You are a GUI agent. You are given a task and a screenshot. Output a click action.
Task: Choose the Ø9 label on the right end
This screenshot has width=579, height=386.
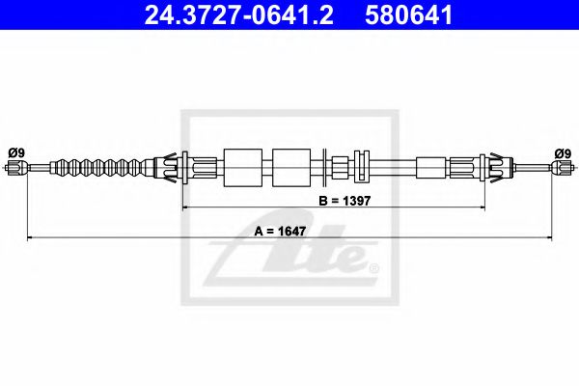pyautogui.click(x=564, y=152)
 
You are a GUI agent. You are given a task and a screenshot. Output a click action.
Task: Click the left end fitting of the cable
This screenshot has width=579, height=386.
pyautogui.click(x=15, y=168)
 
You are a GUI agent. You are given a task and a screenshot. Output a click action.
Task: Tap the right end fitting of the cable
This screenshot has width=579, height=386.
pyautogui.click(x=562, y=168)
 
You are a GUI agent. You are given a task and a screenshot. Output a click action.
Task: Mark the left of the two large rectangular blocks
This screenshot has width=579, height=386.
pyautogui.click(x=241, y=167)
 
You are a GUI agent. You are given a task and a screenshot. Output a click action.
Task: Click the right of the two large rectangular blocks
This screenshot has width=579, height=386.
pyautogui.click(x=291, y=167)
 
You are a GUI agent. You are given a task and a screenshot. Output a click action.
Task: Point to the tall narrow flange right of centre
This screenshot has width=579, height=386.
pyautogui.click(x=363, y=167)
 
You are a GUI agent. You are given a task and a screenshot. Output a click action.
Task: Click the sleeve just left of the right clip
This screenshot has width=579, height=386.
pyautogui.click(x=429, y=168)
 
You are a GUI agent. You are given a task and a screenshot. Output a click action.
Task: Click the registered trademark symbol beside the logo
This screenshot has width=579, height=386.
pyautogui.click(x=374, y=267)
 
